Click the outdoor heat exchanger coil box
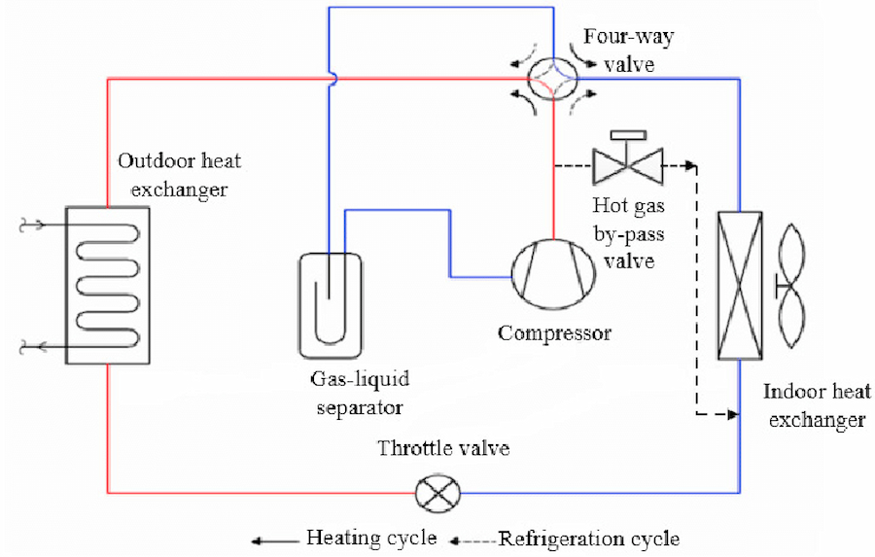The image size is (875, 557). click(x=105, y=284)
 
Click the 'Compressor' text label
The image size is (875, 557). click(x=554, y=333)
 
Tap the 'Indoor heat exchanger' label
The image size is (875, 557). click(x=815, y=406)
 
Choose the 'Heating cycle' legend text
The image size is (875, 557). click(x=371, y=538)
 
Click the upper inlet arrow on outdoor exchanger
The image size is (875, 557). click(x=28, y=226)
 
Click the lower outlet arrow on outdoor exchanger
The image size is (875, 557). click(x=28, y=344)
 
